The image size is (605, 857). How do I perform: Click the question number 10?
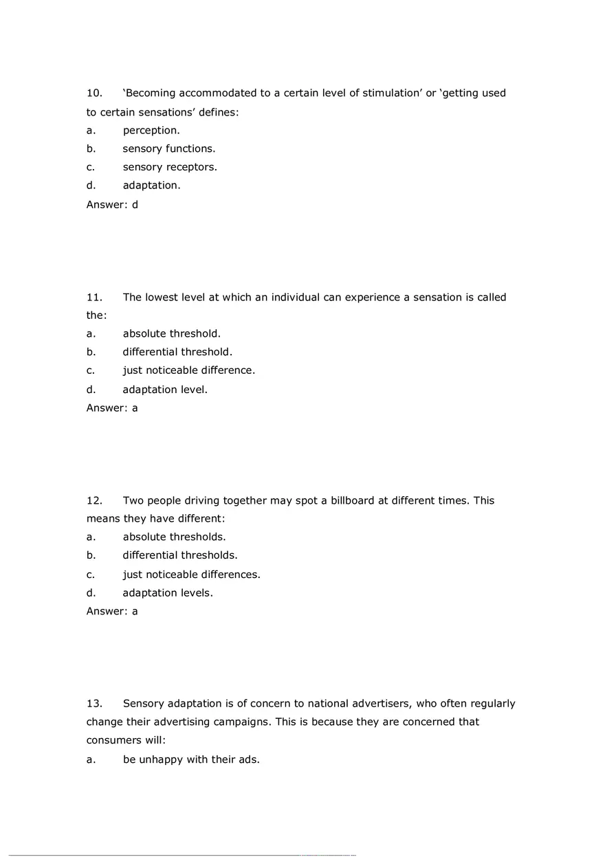[94, 93]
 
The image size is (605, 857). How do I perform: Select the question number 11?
[94, 297]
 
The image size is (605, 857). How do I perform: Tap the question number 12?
[94, 500]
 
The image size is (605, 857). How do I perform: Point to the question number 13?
[94, 703]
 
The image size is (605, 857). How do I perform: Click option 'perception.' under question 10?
[151, 130]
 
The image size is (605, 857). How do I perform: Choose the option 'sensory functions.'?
[169, 148]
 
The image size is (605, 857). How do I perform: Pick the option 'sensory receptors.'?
[170, 167]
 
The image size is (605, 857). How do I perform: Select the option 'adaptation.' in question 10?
[151, 185]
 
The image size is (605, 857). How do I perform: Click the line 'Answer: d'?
[112, 204]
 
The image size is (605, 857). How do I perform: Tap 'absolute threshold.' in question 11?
[172, 333]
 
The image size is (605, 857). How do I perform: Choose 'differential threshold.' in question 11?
[177, 352]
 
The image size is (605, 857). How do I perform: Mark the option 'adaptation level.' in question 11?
[165, 389]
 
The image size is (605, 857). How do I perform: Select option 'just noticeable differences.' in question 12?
[191, 574]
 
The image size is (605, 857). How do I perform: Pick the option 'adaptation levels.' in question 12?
[168, 592]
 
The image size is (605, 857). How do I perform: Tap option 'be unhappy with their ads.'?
[191, 759]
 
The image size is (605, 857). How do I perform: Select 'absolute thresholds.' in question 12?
[174, 537]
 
